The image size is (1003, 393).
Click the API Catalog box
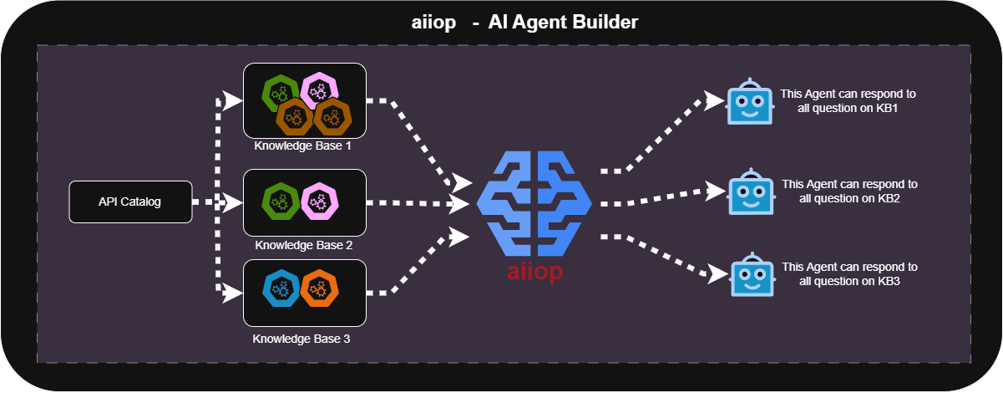click(x=130, y=202)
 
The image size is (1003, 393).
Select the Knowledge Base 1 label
click(x=304, y=146)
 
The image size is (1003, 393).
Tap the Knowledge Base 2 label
click(x=304, y=245)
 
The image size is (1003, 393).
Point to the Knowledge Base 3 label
click(x=301, y=339)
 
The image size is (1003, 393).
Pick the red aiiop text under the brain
click(x=534, y=273)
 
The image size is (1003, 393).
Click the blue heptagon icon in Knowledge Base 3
click(x=281, y=289)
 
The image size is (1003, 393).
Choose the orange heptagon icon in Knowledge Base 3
click(x=319, y=289)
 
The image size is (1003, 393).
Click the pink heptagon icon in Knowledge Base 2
click(x=319, y=202)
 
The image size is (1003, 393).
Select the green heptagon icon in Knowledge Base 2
click(x=281, y=202)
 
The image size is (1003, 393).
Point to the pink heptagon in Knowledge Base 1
click(x=318, y=90)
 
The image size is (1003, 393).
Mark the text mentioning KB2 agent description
click(x=849, y=191)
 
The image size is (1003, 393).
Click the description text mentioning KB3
click(x=849, y=274)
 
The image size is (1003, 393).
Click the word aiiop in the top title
click(x=434, y=23)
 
